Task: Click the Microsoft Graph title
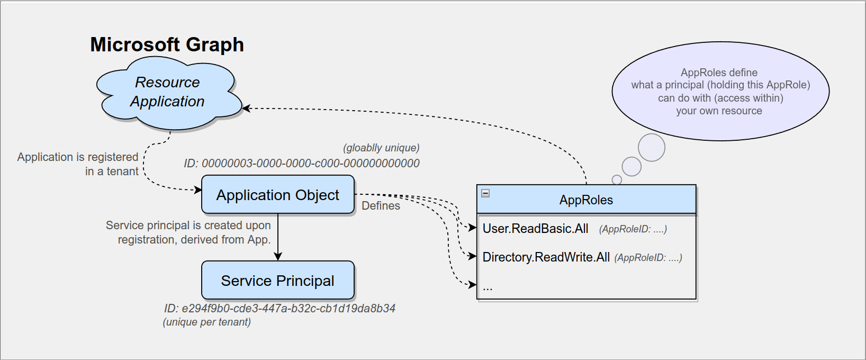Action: [x=167, y=44]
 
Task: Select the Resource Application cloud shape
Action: [x=167, y=93]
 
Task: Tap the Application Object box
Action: [x=277, y=195]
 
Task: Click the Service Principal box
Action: [x=277, y=281]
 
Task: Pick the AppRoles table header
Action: [x=586, y=200]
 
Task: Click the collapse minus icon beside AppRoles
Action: [x=485, y=193]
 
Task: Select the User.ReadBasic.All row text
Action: [x=535, y=229]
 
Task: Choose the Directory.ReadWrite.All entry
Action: [x=546, y=257]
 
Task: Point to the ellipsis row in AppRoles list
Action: [x=488, y=287]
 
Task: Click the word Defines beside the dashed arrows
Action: [x=381, y=206]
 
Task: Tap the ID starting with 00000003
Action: [x=302, y=164]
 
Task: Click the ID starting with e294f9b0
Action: [x=279, y=309]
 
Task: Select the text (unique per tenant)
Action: [x=206, y=322]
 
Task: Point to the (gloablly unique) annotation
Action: [x=381, y=148]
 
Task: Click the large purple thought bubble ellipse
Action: [x=720, y=91]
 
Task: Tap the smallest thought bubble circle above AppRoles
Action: [x=617, y=180]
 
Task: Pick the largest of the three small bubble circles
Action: [x=651, y=148]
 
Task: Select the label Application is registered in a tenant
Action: [x=78, y=164]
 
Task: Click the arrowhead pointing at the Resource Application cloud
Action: [x=246, y=108]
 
